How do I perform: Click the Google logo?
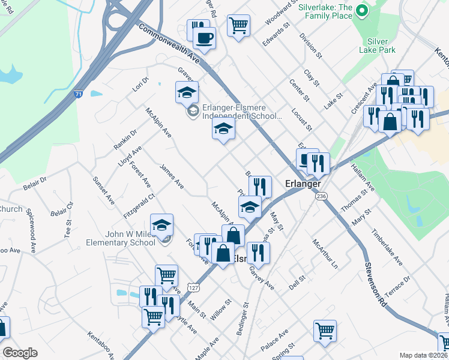[x=19, y=353]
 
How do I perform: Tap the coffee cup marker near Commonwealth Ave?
[x=205, y=38]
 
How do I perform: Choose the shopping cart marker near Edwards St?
[x=238, y=26]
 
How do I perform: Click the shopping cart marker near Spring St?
[x=325, y=331]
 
